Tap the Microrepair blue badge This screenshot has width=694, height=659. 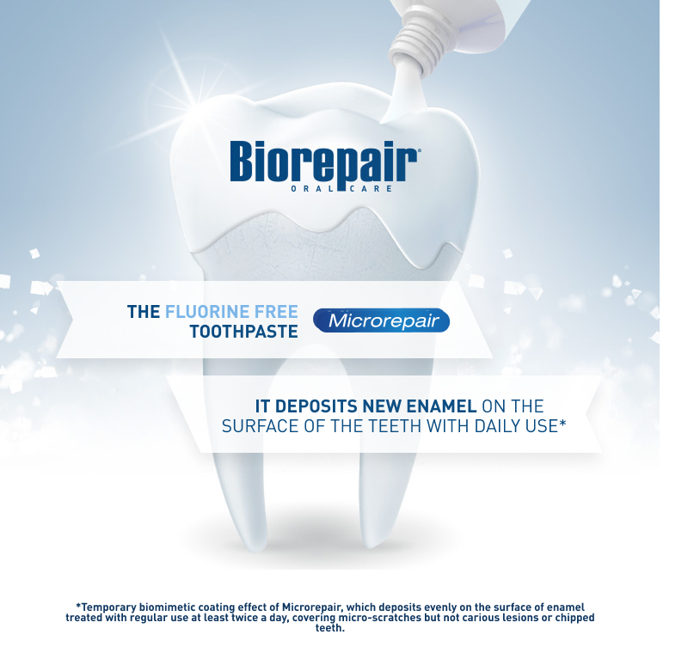pos(381,320)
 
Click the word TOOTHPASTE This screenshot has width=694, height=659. pos(244,332)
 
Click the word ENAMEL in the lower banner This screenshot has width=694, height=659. pos(441,406)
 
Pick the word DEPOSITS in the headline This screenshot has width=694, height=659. pos(319,406)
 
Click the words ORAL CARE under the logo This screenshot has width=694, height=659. pos(341,189)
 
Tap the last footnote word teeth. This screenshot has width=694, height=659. pos(330,627)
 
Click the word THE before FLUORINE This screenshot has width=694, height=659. pos(144,312)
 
